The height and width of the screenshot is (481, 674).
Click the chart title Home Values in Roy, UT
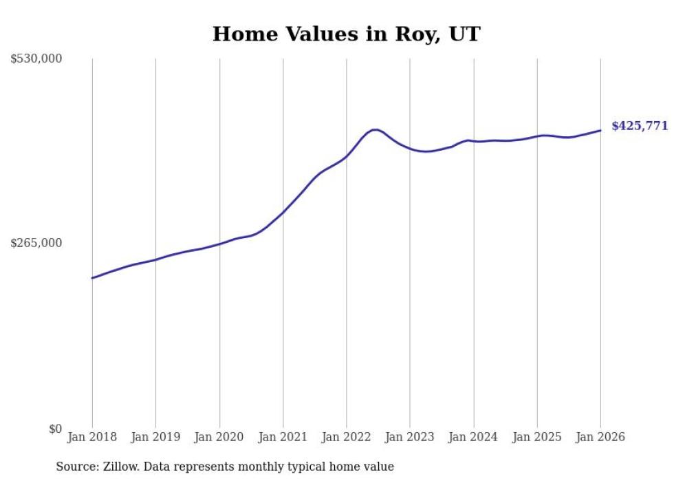click(346, 34)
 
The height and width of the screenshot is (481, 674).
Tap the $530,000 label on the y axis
click(36, 59)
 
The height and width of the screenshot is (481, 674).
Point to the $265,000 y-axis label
click(36, 243)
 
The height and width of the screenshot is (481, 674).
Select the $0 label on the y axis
click(55, 429)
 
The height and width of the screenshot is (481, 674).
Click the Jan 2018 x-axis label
click(92, 437)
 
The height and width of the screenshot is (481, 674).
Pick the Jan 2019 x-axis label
click(155, 437)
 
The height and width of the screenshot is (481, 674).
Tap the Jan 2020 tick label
click(219, 437)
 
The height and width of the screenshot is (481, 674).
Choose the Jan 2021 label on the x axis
click(283, 437)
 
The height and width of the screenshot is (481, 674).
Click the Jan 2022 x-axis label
click(347, 437)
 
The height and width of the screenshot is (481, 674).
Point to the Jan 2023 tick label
click(410, 437)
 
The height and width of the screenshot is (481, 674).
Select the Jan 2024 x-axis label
click(474, 437)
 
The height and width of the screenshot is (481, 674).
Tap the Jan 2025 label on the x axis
click(537, 437)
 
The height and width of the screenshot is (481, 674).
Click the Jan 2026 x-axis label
click(600, 437)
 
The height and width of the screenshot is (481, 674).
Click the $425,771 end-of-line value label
click(640, 126)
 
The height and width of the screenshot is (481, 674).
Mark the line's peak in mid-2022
click(374, 129)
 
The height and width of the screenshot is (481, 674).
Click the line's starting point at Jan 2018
click(92, 278)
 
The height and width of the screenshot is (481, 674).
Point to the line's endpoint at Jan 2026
click(600, 130)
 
